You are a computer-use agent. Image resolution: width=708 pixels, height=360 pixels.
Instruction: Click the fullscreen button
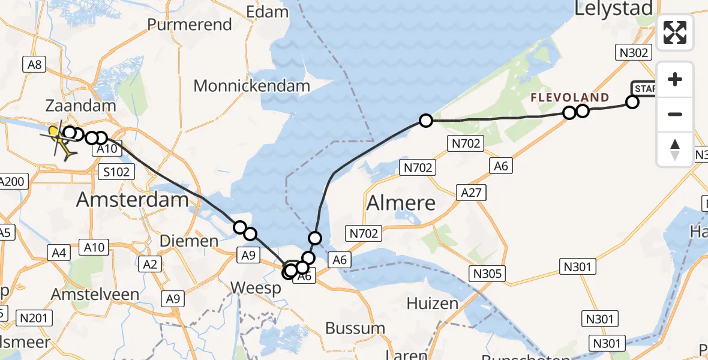click(675, 32)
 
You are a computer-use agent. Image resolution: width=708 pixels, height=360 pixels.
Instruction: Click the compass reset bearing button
click(675, 149)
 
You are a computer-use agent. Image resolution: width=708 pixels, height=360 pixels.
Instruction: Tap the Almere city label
click(401, 203)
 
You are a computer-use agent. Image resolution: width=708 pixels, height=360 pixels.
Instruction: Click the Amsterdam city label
click(133, 199)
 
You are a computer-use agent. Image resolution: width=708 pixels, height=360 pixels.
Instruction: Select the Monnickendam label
click(251, 86)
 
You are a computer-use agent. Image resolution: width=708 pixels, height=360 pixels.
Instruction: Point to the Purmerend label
click(190, 25)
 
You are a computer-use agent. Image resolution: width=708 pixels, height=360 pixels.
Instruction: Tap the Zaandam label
click(81, 106)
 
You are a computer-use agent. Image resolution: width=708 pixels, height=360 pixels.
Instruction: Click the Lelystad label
click(613, 8)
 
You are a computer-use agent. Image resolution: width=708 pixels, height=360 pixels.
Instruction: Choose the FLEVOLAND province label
click(570, 97)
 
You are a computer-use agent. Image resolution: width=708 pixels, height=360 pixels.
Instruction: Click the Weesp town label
click(256, 289)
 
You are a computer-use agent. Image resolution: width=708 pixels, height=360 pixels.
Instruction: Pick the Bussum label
click(355, 328)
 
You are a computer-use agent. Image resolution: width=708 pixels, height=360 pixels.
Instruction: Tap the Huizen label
click(432, 303)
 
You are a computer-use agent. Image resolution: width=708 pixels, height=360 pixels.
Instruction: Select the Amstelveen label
click(95, 295)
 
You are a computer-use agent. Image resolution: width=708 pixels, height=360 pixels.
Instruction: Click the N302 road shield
click(634, 53)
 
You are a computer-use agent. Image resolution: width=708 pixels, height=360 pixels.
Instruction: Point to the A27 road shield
click(471, 193)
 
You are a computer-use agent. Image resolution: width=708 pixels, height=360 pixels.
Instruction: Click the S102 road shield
click(115, 172)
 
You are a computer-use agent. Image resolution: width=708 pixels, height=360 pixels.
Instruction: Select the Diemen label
click(189, 241)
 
